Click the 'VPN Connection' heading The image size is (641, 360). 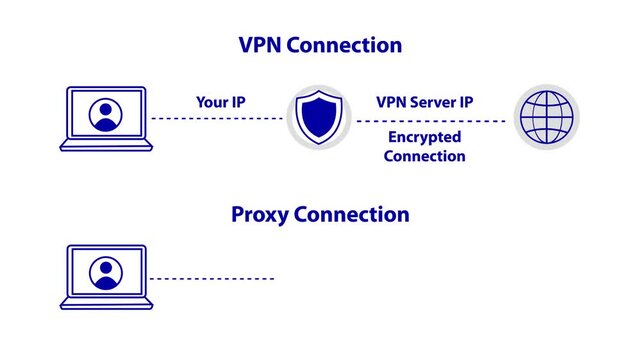click(x=320, y=46)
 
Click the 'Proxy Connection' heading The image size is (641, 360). click(x=320, y=215)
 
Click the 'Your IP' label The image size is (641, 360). click(x=220, y=101)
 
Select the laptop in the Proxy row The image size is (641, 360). click(x=104, y=276)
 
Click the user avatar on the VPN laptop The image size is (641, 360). click(x=104, y=114)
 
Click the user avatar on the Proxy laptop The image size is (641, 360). click(x=104, y=272)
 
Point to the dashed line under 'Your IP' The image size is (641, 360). click(x=217, y=119)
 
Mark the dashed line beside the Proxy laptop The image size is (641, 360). click(x=212, y=279)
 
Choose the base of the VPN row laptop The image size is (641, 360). click(x=104, y=146)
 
